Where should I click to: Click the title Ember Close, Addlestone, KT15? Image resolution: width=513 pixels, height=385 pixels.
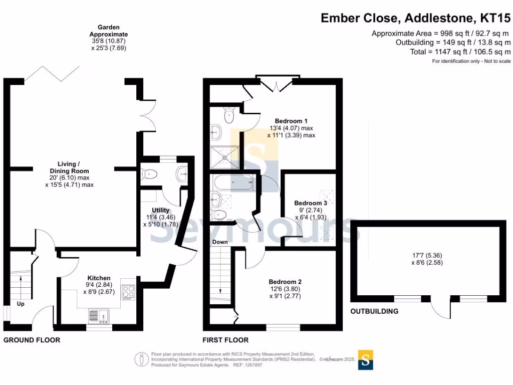tap(415, 19)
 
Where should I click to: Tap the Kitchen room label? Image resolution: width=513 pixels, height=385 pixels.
tap(99, 278)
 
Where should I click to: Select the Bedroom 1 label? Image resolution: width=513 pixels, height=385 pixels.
tap(291, 121)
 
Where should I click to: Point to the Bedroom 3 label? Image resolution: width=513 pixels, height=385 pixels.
tap(311, 203)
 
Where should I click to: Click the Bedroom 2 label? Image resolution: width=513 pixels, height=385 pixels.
tap(285, 282)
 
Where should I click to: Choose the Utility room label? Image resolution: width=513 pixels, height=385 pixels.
tap(161, 210)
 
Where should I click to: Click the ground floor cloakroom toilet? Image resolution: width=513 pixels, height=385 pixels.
tap(150, 174)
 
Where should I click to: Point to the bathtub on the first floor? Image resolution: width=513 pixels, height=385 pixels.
tap(233, 183)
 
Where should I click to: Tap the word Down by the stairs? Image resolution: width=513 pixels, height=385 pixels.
tap(220, 242)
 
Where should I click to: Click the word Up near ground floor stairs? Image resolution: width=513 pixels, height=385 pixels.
tap(21, 304)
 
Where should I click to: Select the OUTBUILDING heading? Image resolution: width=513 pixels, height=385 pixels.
tap(374, 311)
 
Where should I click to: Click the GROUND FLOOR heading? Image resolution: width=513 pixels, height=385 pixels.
tap(32, 340)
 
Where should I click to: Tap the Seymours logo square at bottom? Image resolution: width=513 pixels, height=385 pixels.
tap(365, 359)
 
